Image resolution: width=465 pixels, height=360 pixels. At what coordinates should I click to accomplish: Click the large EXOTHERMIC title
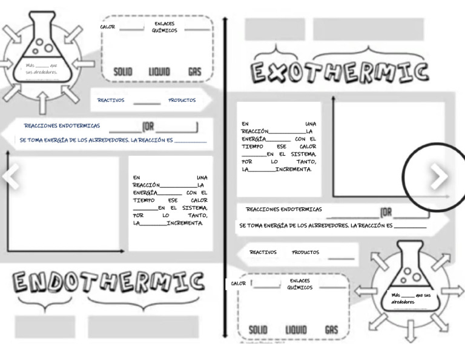pos(340,72)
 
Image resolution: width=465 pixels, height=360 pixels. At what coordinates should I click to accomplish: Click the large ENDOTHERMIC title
pos(108,282)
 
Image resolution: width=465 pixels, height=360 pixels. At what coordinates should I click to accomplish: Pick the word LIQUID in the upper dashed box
pos(159,72)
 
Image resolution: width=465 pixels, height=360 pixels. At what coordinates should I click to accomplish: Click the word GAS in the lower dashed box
pos(331,330)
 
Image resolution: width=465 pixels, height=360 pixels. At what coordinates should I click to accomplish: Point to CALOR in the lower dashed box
pos(239,284)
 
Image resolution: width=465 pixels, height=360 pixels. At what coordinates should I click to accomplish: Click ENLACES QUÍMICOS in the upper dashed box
pos(164,27)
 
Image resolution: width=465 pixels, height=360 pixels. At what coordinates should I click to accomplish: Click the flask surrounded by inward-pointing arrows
pos(41,52)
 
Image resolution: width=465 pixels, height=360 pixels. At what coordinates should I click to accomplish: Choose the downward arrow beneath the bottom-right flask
pos(411,330)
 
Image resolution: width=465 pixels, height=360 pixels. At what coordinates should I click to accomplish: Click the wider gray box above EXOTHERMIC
pos(368,29)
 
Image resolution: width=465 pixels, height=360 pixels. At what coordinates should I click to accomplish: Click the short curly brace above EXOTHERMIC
pos(277,51)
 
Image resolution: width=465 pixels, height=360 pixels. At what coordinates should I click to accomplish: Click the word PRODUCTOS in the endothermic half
pos(182,101)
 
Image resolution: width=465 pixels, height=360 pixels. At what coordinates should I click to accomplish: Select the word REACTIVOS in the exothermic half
pos(263,253)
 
